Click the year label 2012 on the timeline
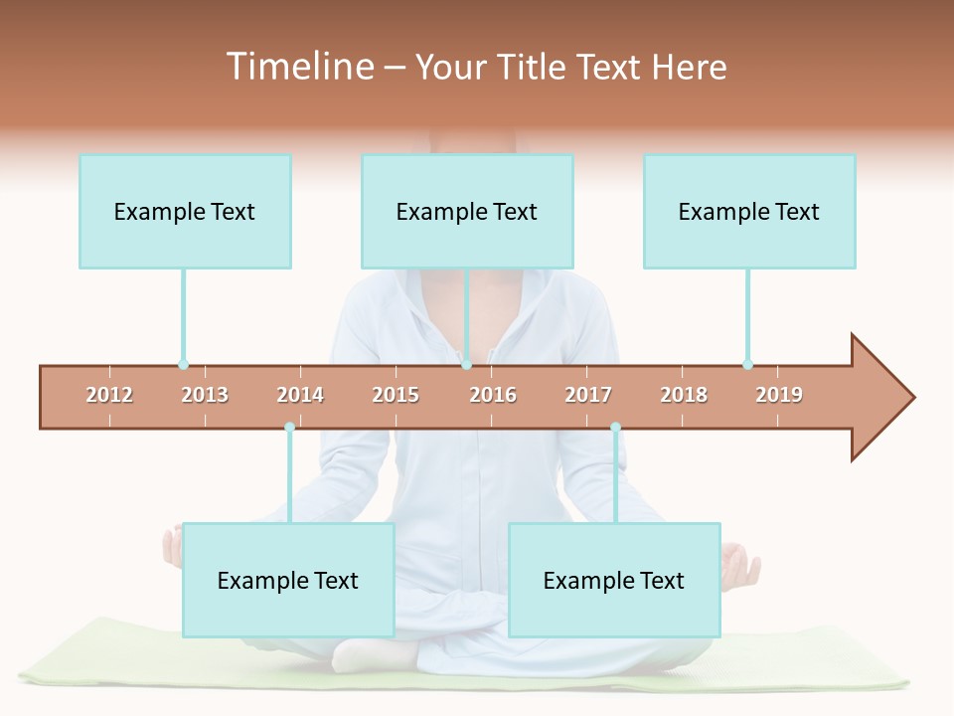point(109,395)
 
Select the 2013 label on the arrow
point(205,395)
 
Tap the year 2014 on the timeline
point(300,395)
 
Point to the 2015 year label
point(396,395)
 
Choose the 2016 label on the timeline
point(493,395)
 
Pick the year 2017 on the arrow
point(588,395)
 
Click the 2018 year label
point(684,395)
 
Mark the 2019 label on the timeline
point(779,395)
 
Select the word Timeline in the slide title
point(298,67)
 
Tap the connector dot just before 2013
point(183,365)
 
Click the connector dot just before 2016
point(466,365)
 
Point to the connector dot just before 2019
point(747,365)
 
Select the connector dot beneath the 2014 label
point(289,428)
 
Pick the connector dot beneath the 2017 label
point(615,428)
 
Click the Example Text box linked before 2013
point(185,212)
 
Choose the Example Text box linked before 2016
point(467,212)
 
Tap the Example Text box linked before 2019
point(749,212)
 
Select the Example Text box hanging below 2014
point(288,581)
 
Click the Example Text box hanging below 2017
point(614,581)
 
